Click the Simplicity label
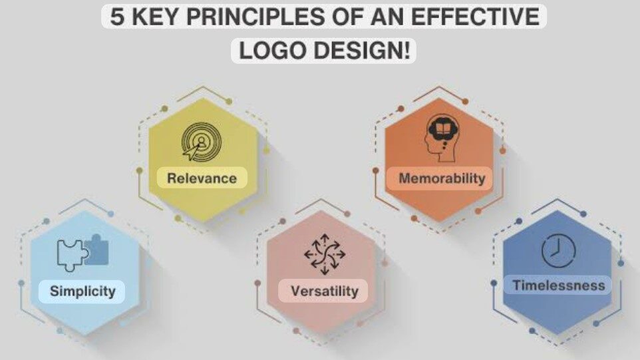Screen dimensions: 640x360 tap(82, 291)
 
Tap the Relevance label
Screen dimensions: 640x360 tap(202, 178)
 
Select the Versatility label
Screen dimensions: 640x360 tap(325, 291)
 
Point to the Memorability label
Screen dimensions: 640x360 tap(442, 178)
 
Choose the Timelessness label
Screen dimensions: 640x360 tap(559, 285)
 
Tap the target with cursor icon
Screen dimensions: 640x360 tap(202, 142)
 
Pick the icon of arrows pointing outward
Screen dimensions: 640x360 tap(325, 254)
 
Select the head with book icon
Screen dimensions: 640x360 tap(442, 138)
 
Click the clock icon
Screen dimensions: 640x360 tap(558, 251)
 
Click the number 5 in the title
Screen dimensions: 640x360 tap(116, 17)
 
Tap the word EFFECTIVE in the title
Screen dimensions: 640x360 tap(475, 17)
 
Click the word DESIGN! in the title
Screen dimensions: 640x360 tap(362, 51)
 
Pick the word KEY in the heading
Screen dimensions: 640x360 tap(155, 17)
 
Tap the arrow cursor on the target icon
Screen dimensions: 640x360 tap(191, 152)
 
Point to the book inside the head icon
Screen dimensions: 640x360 tap(443, 129)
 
